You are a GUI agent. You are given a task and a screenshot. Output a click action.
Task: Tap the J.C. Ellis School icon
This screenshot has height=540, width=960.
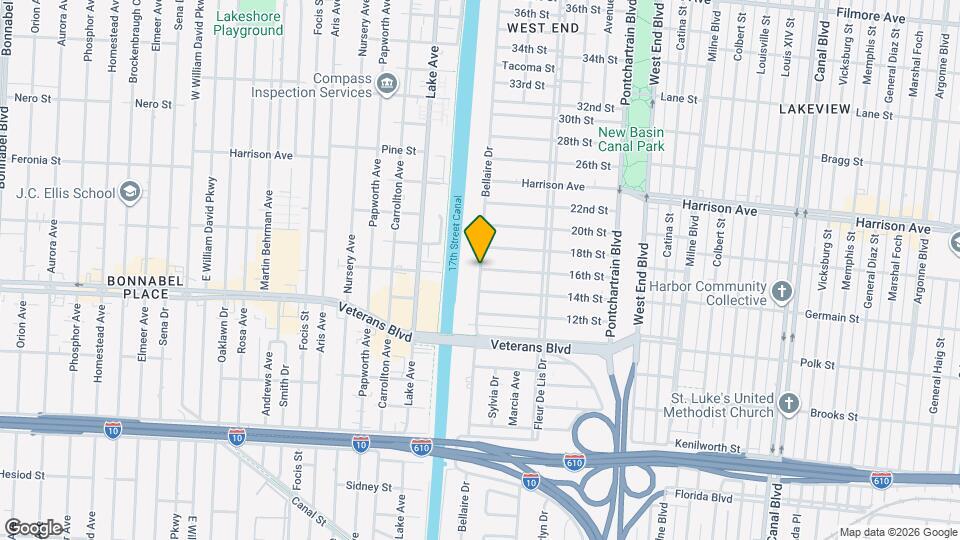[129, 191]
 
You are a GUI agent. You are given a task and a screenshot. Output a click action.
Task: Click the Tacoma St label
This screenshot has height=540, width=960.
[529, 67]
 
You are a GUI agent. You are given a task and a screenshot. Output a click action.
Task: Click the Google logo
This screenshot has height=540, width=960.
[32, 527]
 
